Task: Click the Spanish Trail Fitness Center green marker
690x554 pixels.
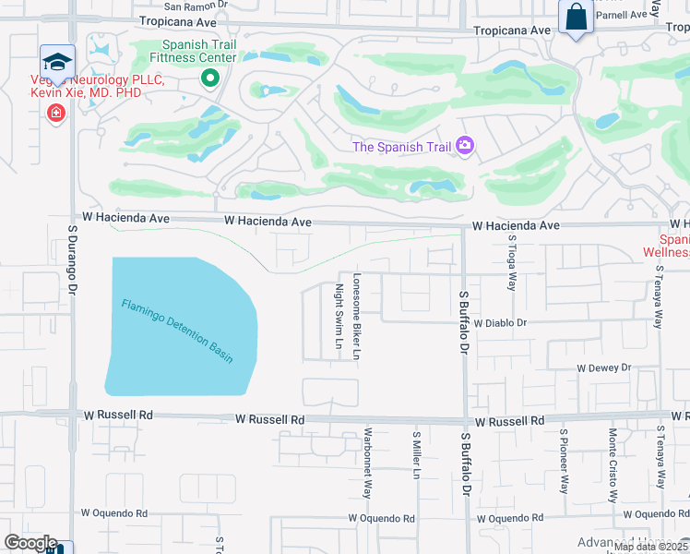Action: coord(210,78)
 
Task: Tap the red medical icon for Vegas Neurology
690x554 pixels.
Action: coord(56,113)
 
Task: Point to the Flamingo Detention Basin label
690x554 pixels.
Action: coord(177,331)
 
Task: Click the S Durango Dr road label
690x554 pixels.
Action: coord(73,258)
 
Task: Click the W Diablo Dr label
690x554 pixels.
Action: coord(500,323)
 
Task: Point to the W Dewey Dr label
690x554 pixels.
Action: coord(603,367)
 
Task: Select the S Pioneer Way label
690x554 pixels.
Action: coord(564,461)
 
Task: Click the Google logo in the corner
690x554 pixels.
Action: coord(30,543)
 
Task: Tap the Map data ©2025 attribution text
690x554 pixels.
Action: coord(650,547)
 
